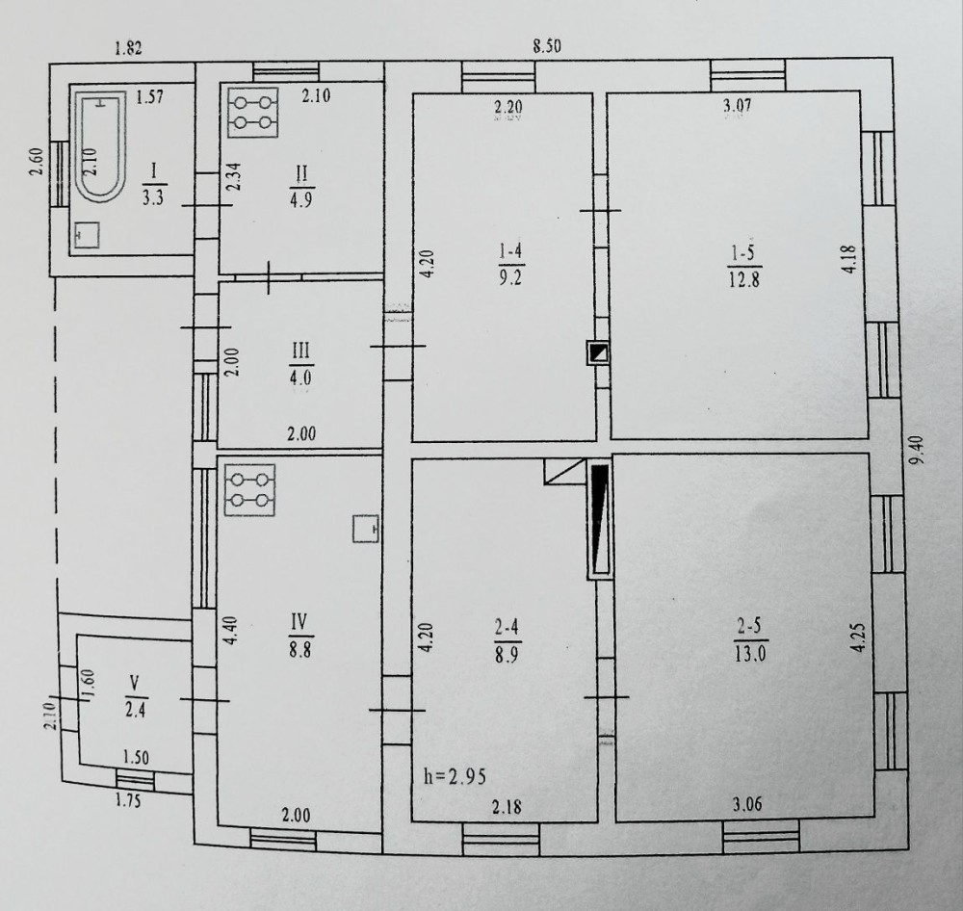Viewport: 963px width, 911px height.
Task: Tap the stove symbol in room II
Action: (x=252, y=112)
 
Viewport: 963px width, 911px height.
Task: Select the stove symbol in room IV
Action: (x=250, y=489)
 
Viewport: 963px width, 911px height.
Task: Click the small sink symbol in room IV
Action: (x=366, y=529)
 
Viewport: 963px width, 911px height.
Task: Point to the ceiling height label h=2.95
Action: (x=455, y=776)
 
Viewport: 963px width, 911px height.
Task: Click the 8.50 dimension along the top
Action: (x=547, y=46)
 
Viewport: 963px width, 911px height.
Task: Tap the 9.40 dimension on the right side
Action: (x=918, y=451)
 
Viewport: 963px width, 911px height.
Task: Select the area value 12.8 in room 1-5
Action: (x=743, y=279)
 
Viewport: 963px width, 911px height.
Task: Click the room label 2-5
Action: (x=748, y=627)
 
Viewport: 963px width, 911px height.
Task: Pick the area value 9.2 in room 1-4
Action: (x=510, y=277)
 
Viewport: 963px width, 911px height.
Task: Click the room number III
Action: (x=299, y=351)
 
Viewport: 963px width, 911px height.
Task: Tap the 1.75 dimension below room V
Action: (x=128, y=800)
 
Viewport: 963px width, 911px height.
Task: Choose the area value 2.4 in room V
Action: (x=135, y=710)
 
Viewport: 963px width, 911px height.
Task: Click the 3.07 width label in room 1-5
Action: (x=737, y=105)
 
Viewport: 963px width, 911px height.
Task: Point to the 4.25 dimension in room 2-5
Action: (x=859, y=638)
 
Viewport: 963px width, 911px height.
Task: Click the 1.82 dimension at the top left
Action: (x=129, y=48)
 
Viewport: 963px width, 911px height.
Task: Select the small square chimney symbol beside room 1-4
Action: (x=598, y=353)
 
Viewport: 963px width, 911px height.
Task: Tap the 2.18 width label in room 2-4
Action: (x=507, y=806)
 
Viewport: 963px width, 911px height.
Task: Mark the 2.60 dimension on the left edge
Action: (x=36, y=162)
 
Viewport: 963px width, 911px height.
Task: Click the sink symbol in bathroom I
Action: (x=87, y=235)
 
